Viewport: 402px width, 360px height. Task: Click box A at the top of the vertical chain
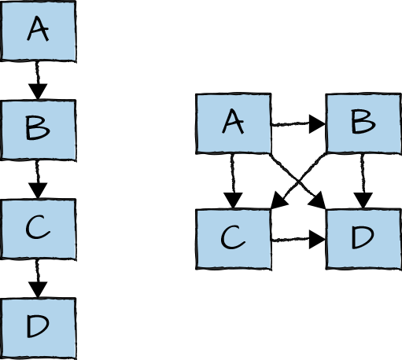tap(38, 31)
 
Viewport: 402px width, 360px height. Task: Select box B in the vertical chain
tap(38, 129)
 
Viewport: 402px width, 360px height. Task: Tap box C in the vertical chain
tap(38, 228)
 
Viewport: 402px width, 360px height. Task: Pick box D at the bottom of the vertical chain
tap(38, 327)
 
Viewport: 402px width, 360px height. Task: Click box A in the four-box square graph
tap(233, 123)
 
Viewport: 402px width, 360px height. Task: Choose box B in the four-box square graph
tap(362, 123)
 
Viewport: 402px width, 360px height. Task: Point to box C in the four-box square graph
tap(233, 238)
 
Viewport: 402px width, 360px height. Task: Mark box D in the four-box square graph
tap(362, 238)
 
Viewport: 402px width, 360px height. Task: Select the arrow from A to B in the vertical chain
tap(38, 79)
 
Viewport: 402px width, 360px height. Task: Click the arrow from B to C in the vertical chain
tap(38, 178)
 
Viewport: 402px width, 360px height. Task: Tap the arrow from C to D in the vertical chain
tap(38, 277)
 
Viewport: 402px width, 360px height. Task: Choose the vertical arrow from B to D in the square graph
tap(362, 181)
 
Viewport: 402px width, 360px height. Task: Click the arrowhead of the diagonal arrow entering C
tap(276, 202)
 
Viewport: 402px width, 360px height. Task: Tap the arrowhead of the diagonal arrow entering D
tap(319, 202)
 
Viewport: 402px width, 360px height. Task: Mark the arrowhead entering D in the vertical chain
tap(38, 290)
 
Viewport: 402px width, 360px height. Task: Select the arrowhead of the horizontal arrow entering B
tap(318, 123)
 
